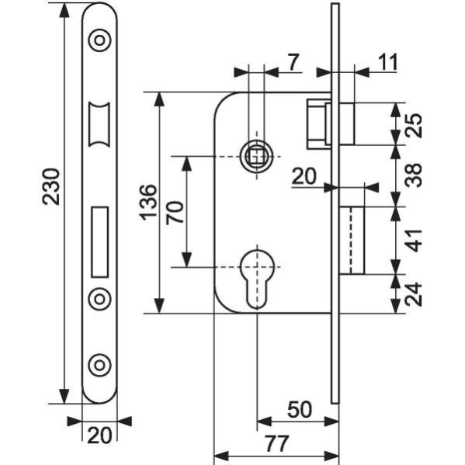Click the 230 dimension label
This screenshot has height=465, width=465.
pyautogui.click(x=51, y=186)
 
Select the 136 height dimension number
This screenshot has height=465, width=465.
pyautogui.click(x=148, y=203)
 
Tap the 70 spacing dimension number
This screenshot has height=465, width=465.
pyautogui.click(x=175, y=213)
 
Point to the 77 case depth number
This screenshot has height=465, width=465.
pyautogui.click(x=276, y=443)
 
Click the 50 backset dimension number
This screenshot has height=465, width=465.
pyautogui.click(x=300, y=410)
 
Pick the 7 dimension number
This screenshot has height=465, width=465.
pyautogui.click(x=293, y=62)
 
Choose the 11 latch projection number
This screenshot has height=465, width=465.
pyautogui.click(x=388, y=62)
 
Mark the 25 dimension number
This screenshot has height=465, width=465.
pyautogui.click(x=414, y=125)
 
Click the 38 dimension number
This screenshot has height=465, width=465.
pyautogui.click(x=414, y=175)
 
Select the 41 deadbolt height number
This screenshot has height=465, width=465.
pyautogui.click(x=414, y=240)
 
